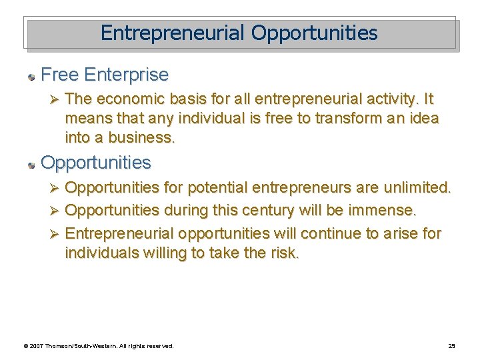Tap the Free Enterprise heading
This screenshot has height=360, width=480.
105,74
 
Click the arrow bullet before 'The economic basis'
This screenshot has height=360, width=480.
57,100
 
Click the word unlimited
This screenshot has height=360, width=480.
417,188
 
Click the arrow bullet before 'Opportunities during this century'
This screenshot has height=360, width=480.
57,211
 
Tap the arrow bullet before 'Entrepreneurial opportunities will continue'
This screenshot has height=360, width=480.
57,234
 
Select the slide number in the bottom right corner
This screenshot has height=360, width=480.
451,346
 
